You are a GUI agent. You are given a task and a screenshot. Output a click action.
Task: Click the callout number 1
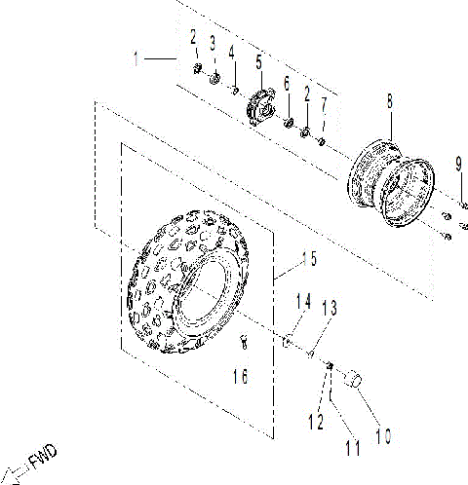[x=136, y=58]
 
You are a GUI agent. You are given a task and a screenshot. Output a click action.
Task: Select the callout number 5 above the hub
[x=259, y=60]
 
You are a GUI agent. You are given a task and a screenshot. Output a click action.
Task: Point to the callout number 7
[x=324, y=102]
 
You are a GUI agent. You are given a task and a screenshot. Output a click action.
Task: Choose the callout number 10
[x=383, y=437]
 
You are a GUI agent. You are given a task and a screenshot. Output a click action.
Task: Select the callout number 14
[x=303, y=302]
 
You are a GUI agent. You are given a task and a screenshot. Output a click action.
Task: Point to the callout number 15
[x=308, y=259]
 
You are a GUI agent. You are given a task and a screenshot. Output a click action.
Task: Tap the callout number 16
[x=243, y=374]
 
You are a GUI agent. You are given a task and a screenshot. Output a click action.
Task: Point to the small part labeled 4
[x=235, y=90]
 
